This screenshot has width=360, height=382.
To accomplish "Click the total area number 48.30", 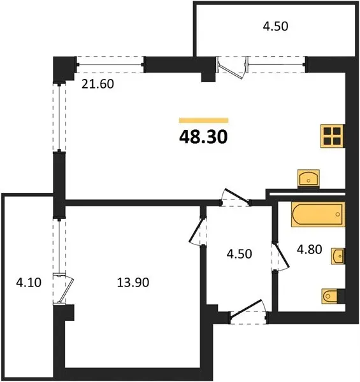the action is click(x=203, y=137).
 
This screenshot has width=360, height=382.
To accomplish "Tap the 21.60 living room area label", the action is click(x=97, y=84).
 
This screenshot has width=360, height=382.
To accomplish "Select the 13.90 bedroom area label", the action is click(x=133, y=283).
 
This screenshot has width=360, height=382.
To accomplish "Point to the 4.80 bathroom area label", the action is click(x=309, y=250).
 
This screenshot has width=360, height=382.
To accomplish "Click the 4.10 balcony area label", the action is click(x=29, y=283).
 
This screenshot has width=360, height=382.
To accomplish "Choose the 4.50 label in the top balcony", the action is click(x=275, y=26).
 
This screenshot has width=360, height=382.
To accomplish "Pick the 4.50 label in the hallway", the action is click(x=239, y=254).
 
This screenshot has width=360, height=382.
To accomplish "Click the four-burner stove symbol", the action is click(x=333, y=136).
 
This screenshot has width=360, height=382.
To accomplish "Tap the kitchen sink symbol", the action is click(x=308, y=178).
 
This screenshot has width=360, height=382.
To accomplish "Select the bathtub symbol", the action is click(x=318, y=215).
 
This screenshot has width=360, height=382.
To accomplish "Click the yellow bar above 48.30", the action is click(x=203, y=120).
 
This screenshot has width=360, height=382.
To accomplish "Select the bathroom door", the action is click(x=280, y=256).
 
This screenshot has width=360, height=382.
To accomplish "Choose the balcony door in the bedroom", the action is click(x=64, y=289).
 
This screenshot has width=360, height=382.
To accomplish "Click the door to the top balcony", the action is click(x=233, y=67).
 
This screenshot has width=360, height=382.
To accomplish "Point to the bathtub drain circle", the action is click(x=338, y=215).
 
